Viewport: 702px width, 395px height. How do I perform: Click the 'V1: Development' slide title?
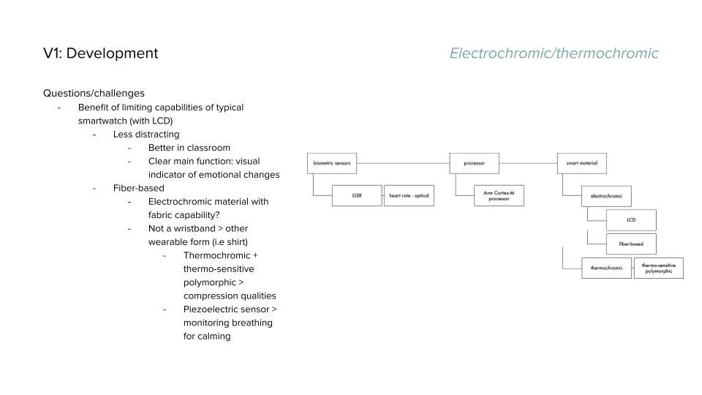(100, 53)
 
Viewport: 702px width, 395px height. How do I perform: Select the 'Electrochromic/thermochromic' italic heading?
(554, 53)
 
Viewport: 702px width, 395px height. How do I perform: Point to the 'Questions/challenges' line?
(94, 94)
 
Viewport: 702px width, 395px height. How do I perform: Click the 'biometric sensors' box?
(331, 163)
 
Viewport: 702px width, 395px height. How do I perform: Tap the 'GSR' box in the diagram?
(357, 196)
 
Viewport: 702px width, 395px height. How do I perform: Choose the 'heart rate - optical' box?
(409, 196)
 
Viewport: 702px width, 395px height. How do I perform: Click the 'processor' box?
(474, 163)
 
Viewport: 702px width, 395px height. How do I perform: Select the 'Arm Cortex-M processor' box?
(489, 196)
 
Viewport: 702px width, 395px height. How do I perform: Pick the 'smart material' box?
(581, 163)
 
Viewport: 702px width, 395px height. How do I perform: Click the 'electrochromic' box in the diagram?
(606, 196)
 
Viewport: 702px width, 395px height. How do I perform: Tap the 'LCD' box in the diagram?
(631, 219)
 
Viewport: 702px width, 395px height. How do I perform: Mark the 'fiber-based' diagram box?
(631, 244)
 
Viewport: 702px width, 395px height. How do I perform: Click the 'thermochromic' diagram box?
(606, 268)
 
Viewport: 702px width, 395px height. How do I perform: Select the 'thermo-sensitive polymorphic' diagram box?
(659, 268)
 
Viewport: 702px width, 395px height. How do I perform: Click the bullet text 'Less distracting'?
(146, 135)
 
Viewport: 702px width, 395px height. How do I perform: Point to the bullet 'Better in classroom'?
(189, 148)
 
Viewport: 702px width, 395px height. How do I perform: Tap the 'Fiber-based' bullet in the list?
(138, 188)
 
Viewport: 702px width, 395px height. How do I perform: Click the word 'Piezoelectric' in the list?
(213, 309)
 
